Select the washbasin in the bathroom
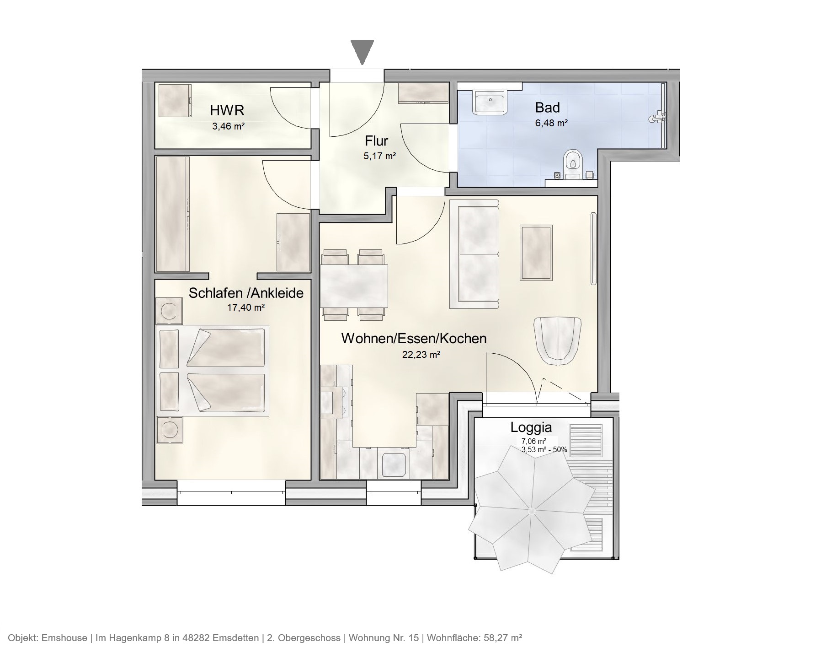tap(490, 101)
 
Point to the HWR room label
tap(227, 110)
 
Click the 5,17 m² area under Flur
tap(379, 156)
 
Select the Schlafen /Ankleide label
tap(246, 293)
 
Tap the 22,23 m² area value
tap(421, 354)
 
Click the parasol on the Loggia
tap(531, 510)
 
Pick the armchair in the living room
tap(558, 340)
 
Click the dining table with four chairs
tap(354, 286)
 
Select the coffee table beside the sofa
tap(536, 252)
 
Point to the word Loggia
tap(531, 427)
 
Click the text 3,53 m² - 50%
tap(544, 450)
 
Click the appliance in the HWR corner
tap(174, 100)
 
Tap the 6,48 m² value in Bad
tap(551, 123)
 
